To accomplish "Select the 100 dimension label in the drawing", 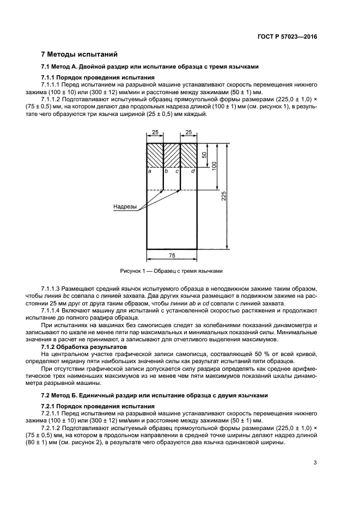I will [x=215, y=166].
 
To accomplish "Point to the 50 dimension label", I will [x=205, y=155].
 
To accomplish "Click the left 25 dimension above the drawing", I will [x=155, y=132].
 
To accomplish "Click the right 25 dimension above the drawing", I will [x=189, y=132].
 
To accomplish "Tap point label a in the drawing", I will [x=150, y=171].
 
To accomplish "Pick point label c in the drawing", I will [x=177, y=171].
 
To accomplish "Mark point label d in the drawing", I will [x=193, y=171].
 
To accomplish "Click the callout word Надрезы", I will [x=125, y=207].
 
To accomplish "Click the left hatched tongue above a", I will [x=155, y=155].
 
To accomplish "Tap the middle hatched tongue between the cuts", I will [x=172, y=155].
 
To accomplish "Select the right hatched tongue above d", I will [x=188, y=155].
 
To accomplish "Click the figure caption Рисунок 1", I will [x=171, y=271].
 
